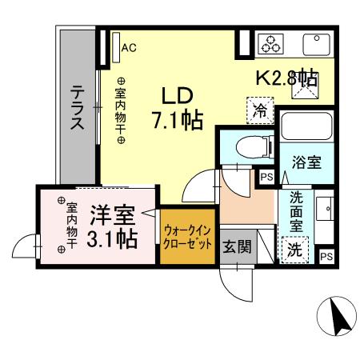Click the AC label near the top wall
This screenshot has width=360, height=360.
129,47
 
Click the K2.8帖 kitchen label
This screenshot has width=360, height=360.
286,78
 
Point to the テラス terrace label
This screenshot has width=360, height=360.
78,108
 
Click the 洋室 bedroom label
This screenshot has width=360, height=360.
111,215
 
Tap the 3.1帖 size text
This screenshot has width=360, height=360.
111,238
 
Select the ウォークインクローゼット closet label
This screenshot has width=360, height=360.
188,236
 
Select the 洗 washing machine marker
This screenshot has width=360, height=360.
295,249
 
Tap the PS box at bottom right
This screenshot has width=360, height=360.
326,256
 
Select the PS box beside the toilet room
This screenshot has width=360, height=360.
266,178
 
